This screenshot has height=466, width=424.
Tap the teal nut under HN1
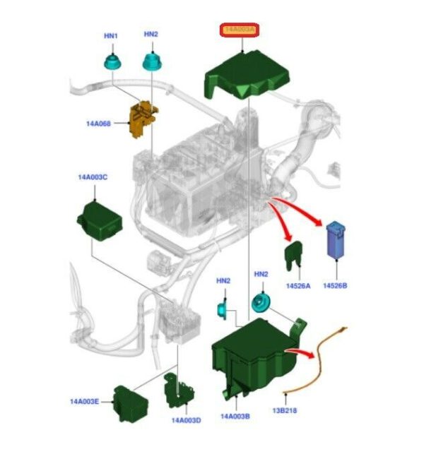112,61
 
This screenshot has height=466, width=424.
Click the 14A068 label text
99,124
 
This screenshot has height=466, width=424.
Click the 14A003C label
93,177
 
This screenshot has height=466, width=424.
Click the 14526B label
334,285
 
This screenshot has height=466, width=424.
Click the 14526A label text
298,285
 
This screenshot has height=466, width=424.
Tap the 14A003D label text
186,420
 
